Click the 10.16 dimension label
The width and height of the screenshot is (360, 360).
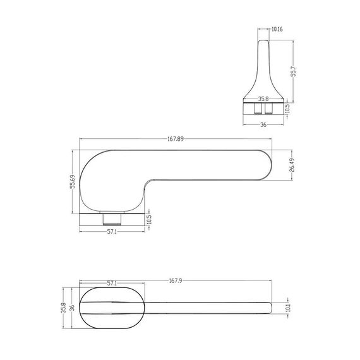click(277, 29)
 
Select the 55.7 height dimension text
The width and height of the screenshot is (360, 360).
click(294, 71)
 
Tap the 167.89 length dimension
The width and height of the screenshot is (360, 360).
click(176, 139)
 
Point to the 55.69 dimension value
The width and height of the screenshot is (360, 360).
click(73, 182)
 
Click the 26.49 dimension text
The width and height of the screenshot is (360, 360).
click(292, 165)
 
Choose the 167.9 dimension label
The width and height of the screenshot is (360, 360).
click(176, 280)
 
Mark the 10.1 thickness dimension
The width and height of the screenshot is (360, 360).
click(289, 308)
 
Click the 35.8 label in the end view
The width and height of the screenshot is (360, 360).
click(263, 99)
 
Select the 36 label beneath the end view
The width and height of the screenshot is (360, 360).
click(263, 124)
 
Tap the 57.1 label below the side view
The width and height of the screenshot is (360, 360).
click(112, 232)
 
